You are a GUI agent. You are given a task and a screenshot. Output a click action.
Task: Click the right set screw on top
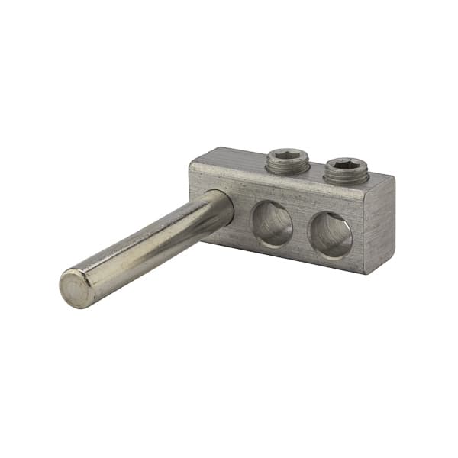(x=345, y=169)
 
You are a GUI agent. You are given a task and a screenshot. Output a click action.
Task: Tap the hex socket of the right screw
(x=346, y=164)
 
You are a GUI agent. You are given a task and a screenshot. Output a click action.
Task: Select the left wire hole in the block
(x=273, y=224)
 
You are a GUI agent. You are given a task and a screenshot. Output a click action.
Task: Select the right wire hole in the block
(x=331, y=234)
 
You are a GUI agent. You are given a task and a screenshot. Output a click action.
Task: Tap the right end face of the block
(x=383, y=221)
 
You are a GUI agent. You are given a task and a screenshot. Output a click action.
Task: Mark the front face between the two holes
(x=301, y=229)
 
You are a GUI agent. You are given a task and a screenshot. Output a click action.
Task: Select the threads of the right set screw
(x=345, y=176)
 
